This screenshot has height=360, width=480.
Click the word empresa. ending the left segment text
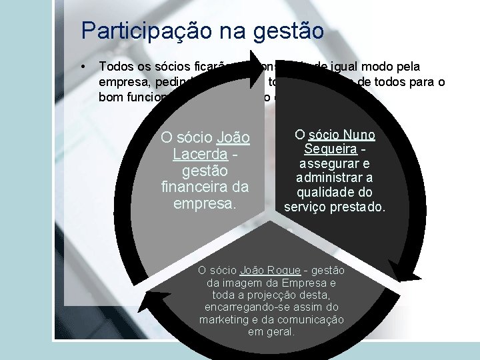coord(205,202)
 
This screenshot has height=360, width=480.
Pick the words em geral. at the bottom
coord(271,331)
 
